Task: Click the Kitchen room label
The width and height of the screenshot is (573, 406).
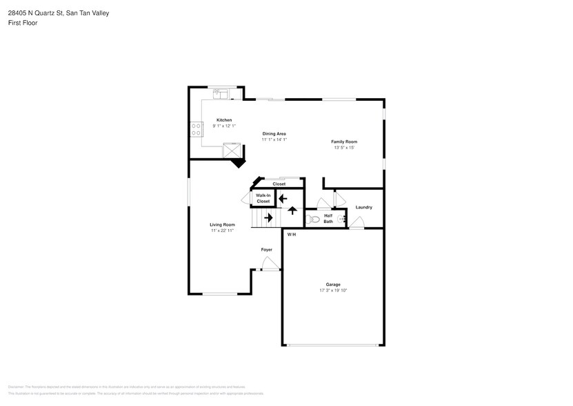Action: tap(224, 119)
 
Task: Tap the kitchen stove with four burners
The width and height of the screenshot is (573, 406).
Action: tap(197, 129)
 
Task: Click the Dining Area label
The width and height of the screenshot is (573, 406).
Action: tap(274, 133)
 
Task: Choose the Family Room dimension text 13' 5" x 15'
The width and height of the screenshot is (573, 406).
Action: tap(343, 147)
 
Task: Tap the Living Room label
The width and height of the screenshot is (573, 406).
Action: tap(223, 224)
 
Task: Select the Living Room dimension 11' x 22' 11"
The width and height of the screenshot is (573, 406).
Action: tap(223, 231)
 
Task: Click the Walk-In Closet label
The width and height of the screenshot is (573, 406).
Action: tap(263, 198)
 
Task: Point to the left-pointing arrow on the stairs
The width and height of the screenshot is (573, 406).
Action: tap(282, 198)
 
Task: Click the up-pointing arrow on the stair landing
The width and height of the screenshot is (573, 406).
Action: tap(292, 212)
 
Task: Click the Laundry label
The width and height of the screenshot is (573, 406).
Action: tap(363, 207)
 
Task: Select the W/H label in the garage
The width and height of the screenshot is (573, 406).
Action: tap(291, 235)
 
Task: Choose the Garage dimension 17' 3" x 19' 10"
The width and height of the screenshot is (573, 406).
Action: tap(333, 291)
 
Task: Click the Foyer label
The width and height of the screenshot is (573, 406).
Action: tap(266, 249)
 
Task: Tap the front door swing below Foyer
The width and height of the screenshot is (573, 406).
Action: tap(270, 264)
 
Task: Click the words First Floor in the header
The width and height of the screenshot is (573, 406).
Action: tap(23, 23)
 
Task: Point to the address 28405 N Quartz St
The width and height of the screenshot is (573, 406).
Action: tap(35, 12)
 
